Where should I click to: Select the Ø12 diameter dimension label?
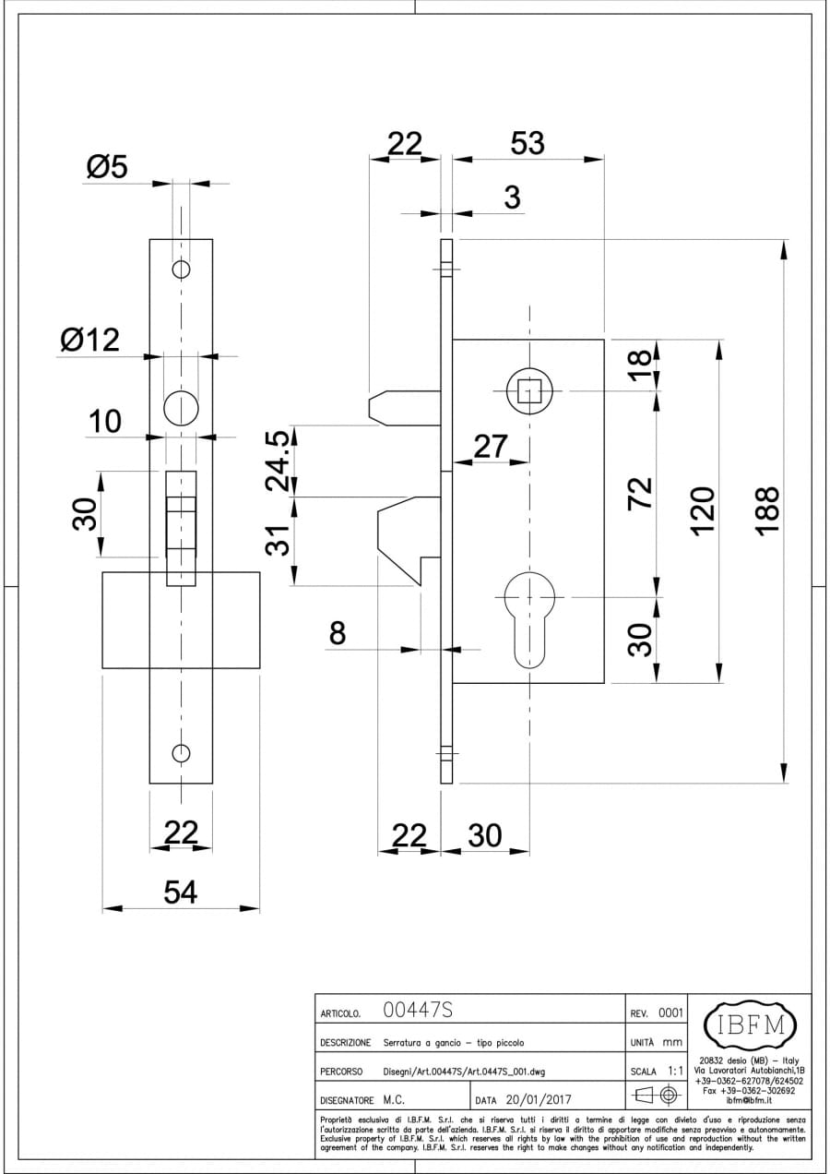pos(89,341)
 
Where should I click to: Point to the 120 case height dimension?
pos(703,508)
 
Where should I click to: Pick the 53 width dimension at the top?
pos(527,144)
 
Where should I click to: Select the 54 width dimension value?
pos(181,892)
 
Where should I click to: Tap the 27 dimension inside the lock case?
pos(490,447)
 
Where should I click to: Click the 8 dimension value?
pos(338,634)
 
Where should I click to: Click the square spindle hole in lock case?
pos(528,391)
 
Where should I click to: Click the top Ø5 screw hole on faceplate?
pos(181,270)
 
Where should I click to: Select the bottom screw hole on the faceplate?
pos(181,751)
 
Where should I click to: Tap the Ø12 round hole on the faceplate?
pos(181,408)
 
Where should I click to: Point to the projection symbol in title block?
pos(657,1096)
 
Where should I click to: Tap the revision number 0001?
pos(670,1012)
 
